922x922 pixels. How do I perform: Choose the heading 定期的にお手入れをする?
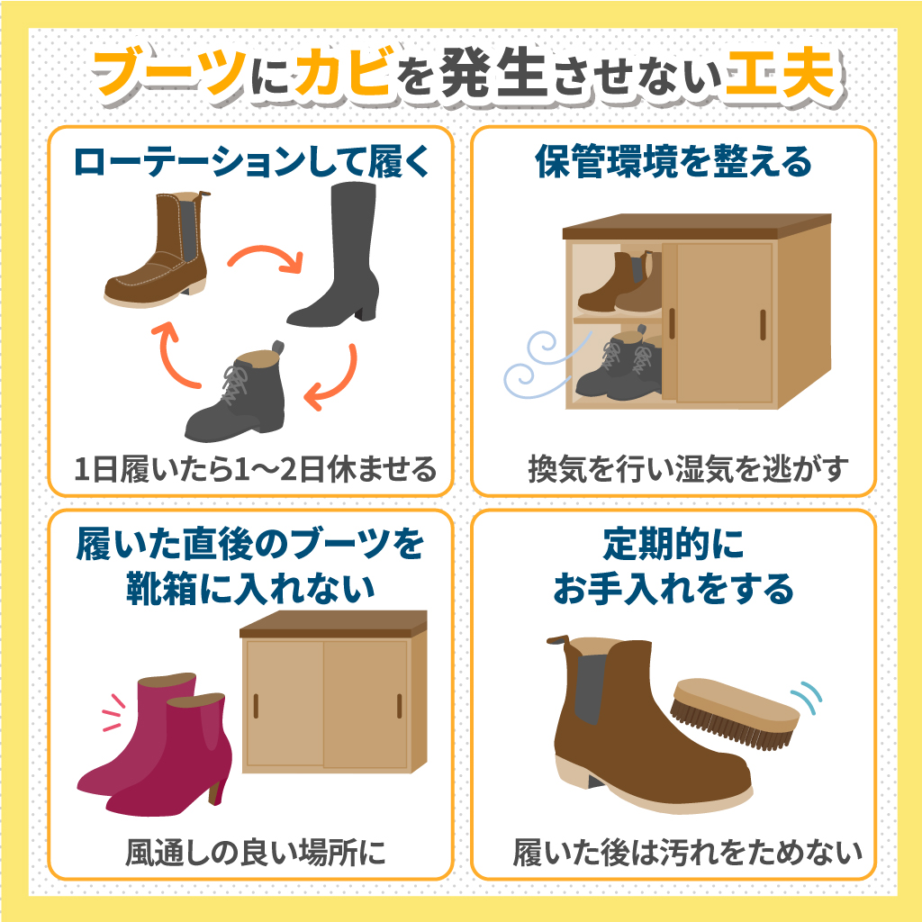pyautogui.click(x=673, y=567)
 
